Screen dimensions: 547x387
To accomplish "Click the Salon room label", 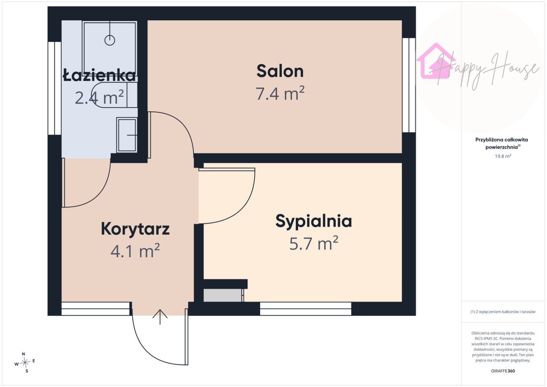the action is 280,71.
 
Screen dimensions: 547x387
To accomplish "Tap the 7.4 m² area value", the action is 280,93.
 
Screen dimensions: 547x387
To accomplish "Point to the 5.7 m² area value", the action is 314,243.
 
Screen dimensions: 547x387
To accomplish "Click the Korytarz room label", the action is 135,229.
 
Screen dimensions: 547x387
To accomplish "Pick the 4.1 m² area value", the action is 135,251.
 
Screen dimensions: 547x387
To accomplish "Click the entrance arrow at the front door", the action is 160,317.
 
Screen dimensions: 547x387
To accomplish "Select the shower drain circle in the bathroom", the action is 110,40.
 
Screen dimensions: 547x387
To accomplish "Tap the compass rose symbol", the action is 25,362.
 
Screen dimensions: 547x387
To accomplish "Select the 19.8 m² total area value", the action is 503,156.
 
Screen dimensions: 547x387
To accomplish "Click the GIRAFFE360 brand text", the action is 503,371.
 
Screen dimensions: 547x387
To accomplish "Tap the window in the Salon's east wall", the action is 409,85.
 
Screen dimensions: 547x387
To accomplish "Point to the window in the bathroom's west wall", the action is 54,88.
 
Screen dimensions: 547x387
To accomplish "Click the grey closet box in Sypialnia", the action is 223,295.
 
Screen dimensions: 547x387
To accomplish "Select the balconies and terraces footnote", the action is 503,312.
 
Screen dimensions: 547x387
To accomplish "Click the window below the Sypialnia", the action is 305,309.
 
